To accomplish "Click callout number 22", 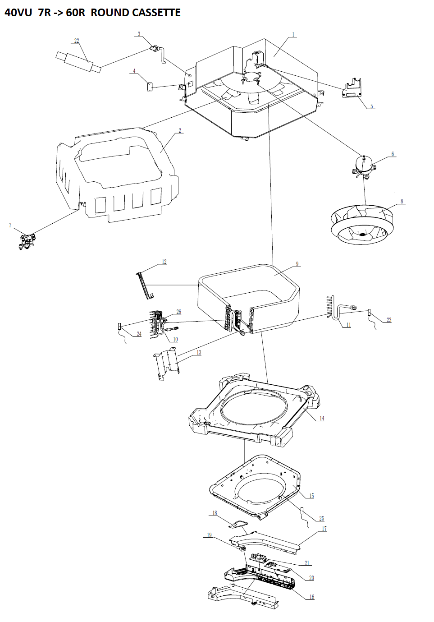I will coord(77,41).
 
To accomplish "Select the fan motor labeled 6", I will coord(363,166).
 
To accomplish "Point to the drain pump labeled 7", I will coord(27,241).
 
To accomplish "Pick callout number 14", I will coord(322,418).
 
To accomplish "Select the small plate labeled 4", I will coord(150,86).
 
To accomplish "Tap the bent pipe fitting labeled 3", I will coord(159,52).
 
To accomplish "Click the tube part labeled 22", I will coord(78,62).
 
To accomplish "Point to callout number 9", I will coord(297,264).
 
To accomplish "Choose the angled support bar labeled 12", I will coord(144,285).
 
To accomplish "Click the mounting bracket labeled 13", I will coord(167,364).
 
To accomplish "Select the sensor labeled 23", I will coord(369,312).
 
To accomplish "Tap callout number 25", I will coord(322,518).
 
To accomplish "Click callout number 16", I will coord(311,597).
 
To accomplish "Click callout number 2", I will coord(180,130).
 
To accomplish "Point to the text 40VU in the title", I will coord(18,13).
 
